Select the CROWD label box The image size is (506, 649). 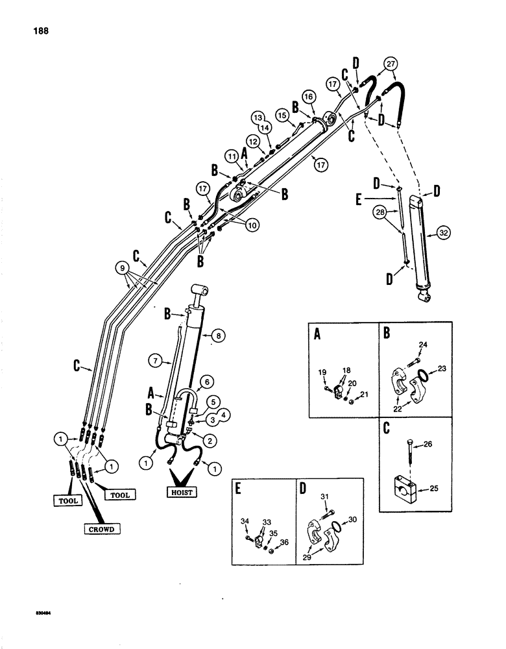(x=101, y=530)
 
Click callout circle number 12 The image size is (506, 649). (x=252, y=141)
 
